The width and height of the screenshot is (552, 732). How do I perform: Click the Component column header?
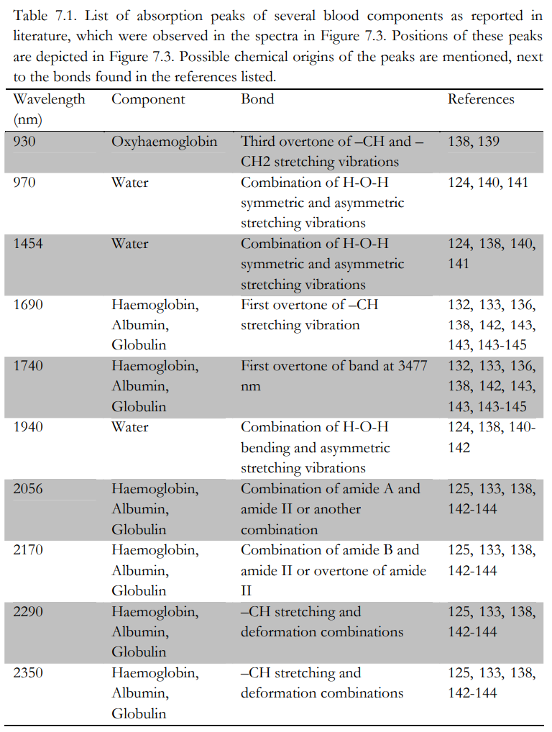pyautogui.click(x=148, y=99)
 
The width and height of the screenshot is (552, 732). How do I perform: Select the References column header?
pyautogui.click(x=481, y=99)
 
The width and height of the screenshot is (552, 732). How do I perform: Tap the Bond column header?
pyautogui.click(x=257, y=99)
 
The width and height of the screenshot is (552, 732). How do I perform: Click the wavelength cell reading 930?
pyautogui.click(x=24, y=141)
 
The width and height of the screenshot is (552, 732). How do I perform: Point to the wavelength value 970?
pyautogui.click(x=24, y=182)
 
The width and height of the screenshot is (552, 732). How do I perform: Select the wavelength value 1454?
pyautogui.click(x=28, y=243)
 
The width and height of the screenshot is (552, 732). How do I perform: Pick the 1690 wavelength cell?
pyautogui.click(x=28, y=304)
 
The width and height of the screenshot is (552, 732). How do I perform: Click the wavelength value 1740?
pyautogui.click(x=28, y=366)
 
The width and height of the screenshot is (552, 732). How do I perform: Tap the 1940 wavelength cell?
pyautogui.click(x=28, y=427)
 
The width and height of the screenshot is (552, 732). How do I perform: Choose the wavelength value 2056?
pyautogui.click(x=28, y=489)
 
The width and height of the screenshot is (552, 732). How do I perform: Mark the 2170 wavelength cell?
pyautogui.click(x=28, y=550)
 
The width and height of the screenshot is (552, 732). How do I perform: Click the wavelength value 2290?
pyautogui.click(x=28, y=612)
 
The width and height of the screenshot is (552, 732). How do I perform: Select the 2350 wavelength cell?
pyautogui.click(x=28, y=673)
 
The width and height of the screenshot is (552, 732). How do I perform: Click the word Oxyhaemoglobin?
pyautogui.click(x=164, y=141)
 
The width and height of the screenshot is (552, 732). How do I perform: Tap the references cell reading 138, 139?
pyautogui.click(x=473, y=141)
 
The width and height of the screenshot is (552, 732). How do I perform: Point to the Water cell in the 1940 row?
pyautogui.click(x=130, y=427)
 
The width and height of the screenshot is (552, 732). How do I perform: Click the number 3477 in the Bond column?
pyautogui.click(x=411, y=366)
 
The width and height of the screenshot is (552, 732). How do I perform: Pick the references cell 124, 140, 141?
pyautogui.click(x=487, y=182)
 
